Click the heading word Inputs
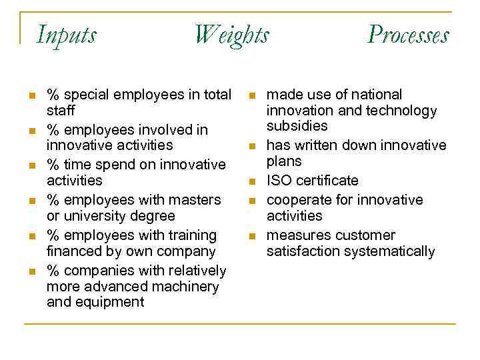click(x=66, y=34)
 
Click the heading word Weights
click(x=231, y=35)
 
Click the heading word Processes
click(x=408, y=35)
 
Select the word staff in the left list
click(x=61, y=110)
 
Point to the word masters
click(x=197, y=200)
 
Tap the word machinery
click(x=186, y=287)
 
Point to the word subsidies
click(x=297, y=126)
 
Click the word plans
click(x=284, y=161)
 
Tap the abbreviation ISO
click(x=279, y=181)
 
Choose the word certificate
click(x=327, y=181)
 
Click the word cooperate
click(x=298, y=200)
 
